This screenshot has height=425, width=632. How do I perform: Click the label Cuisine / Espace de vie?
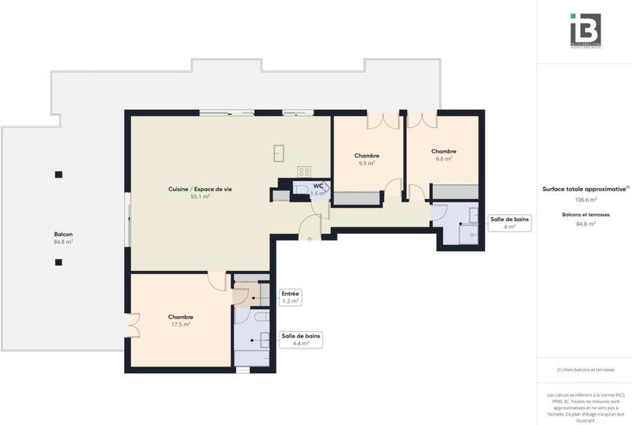coord(200,189)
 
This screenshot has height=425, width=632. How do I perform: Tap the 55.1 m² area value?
coord(200,197)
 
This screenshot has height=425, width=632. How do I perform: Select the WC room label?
coord(318,186)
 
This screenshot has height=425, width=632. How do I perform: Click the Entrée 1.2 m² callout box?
coord(291,297)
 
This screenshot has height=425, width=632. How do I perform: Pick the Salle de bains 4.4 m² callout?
coord(301,340)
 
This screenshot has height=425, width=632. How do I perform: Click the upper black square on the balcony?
coord(58,175)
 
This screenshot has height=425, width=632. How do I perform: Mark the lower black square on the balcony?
coord(58,262)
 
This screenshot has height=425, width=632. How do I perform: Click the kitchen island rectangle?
coord(279,152)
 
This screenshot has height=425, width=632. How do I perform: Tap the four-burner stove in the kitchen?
coord(304,171)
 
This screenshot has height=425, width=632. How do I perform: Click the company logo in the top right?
coord(585,30)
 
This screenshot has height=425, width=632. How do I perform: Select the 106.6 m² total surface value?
coord(585,200)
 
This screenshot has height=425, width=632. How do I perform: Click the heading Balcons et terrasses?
coord(585,214)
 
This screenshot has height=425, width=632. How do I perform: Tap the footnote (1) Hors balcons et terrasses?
coord(585,370)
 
